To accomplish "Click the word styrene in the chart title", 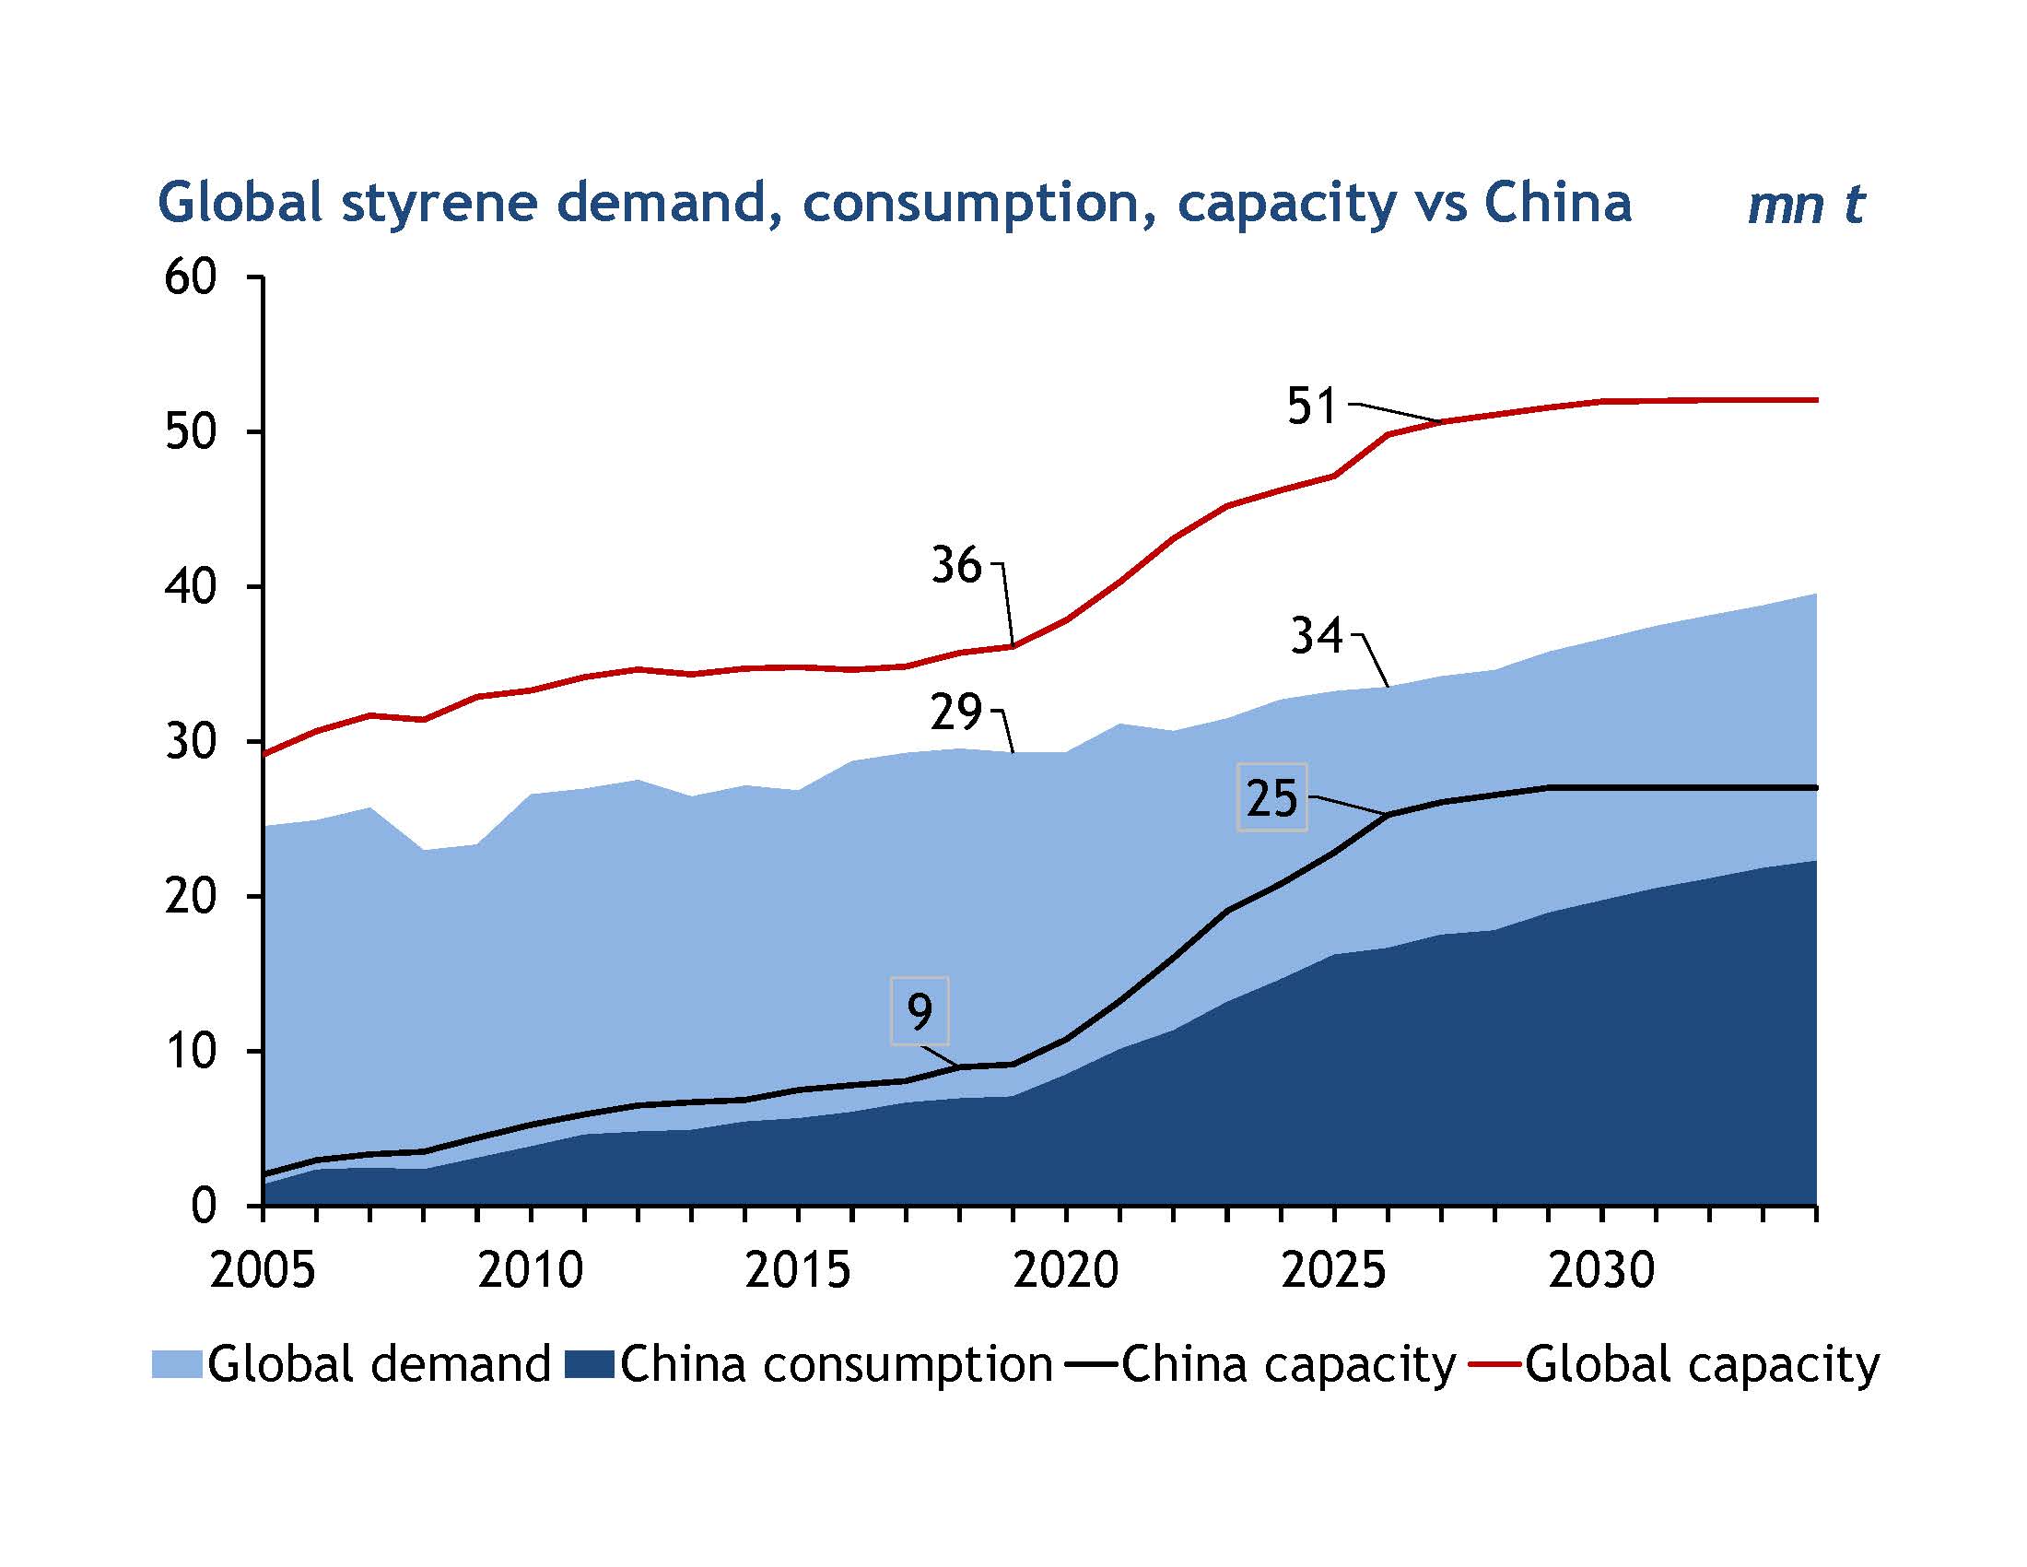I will (x=438, y=204).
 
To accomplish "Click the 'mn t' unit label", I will (x=1805, y=206).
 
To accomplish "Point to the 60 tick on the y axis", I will (x=192, y=277).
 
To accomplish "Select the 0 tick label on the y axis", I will (x=204, y=1205).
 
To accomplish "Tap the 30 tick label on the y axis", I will (x=192, y=741).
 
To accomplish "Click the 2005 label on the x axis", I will (x=263, y=1270).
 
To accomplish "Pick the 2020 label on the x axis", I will (x=1066, y=1270).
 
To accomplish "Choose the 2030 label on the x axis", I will (x=1602, y=1270).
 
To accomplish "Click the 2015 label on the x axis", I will (x=798, y=1270).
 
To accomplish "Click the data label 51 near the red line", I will (x=1311, y=406).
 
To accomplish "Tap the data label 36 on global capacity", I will (x=956, y=564).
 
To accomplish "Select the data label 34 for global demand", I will (x=1316, y=637).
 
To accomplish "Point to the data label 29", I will (x=956, y=713).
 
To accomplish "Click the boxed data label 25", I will (x=1271, y=797).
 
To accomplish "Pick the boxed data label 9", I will (x=920, y=1011).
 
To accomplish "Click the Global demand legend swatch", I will (x=176, y=1364).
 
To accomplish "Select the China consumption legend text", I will (x=837, y=1364).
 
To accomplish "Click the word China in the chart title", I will (x=1557, y=204).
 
